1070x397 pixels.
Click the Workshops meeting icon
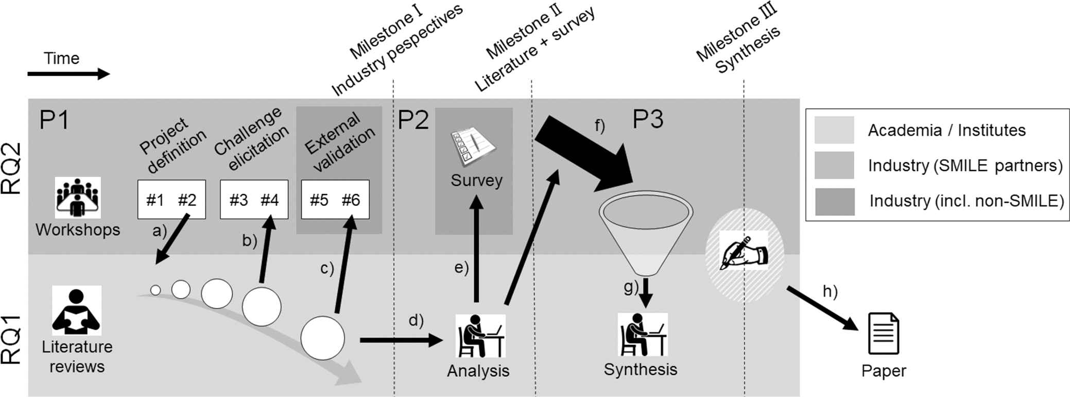click(x=78, y=198)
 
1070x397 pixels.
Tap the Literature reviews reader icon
click(x=77, y=310)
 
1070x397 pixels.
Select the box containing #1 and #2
click(x=171, y=199)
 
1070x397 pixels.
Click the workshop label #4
click(x=269, y=200)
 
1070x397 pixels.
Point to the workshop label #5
click(x=319, y=200)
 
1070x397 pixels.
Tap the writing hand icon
click(x=744, y=251)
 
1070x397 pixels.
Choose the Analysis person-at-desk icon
click(x=480, y=336)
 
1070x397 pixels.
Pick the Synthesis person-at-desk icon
click(x=643, y=335)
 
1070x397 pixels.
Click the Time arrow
click(x=68, y=74)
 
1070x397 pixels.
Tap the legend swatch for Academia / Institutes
click(x=834, y=130)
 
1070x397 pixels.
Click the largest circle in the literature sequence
click(x=322, y=338)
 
